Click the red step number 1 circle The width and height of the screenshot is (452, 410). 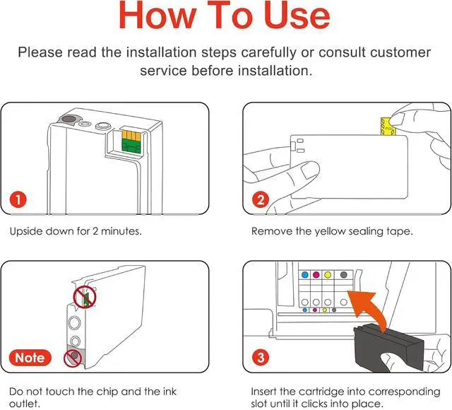tap(18, 199)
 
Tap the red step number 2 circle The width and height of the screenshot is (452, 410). tap(261, 199)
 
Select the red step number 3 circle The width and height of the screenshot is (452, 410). tap(261, 358)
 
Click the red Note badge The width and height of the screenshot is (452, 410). tap(30, 358)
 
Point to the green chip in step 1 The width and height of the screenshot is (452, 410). tap(131, 146)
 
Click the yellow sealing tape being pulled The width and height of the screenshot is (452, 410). tap(388, 126)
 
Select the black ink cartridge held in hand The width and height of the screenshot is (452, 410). tap(388, 348)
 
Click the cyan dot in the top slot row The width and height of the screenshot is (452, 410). tap(305, 275)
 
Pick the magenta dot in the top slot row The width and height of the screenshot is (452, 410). tap(316, 275)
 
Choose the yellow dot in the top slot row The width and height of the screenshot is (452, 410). tap(328, 275)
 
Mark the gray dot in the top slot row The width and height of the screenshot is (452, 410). tap(343, 275)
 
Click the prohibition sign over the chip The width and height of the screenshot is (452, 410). tap(85, 297)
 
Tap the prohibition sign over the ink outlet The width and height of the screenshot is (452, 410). tap(73, 358)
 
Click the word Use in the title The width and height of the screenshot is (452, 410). tap(297, 15)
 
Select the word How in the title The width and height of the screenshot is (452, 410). tap(157, 15)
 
